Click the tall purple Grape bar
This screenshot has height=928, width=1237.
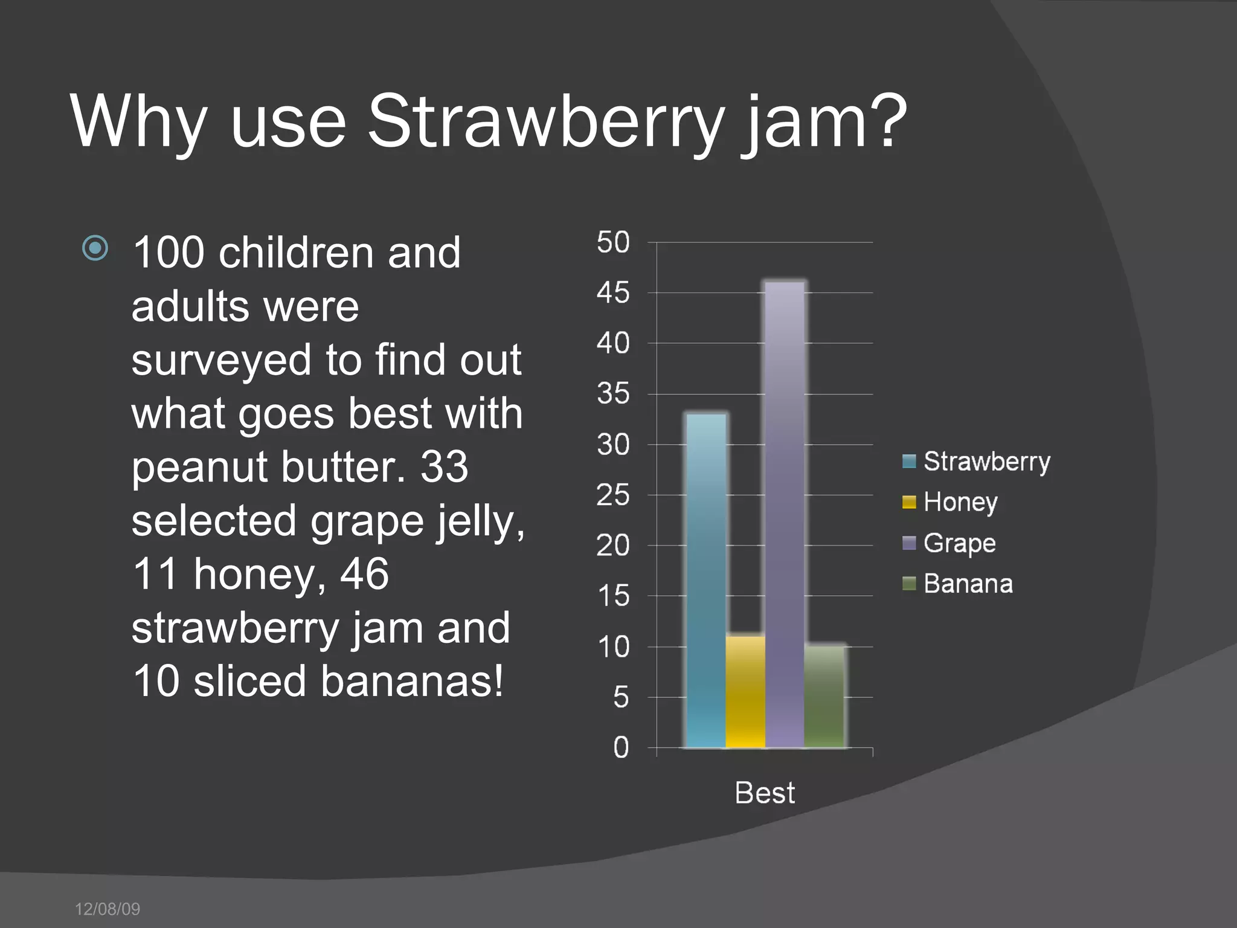[784, 514]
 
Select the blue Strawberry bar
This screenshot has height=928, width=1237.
[706, 580]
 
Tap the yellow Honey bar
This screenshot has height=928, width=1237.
[745, 692]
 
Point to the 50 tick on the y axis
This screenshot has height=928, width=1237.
[613, 242]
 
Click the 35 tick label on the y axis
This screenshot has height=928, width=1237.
[613, 394]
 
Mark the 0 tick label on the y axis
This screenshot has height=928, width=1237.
[621, 748]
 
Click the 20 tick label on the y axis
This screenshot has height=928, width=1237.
[613, 546]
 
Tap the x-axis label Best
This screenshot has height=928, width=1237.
[765, 793]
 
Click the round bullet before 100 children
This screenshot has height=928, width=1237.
[95, 248]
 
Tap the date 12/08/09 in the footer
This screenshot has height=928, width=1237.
[108, 909]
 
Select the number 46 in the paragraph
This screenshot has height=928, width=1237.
[364, 574]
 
